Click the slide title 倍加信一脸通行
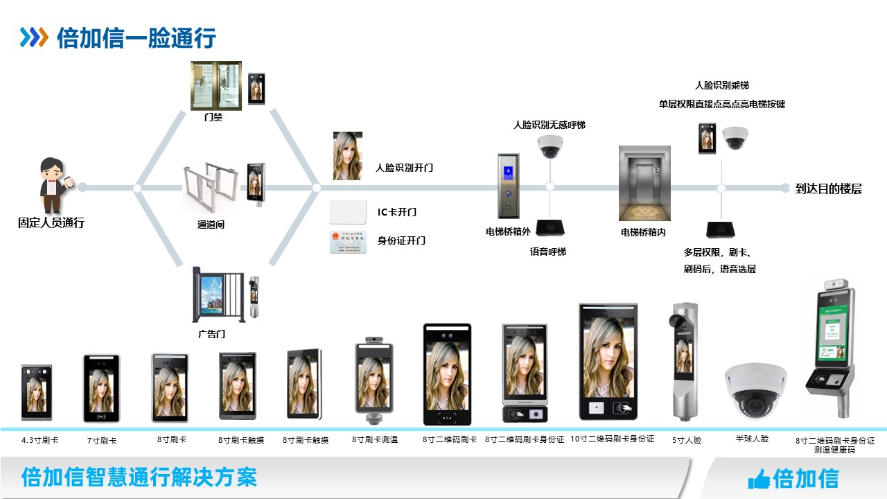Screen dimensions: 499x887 pyautogui.click(x=137, y=37)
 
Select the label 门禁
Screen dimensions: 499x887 pyautogui.click(x=213, y=118)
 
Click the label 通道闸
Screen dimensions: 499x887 pyautogui.click(x=211, y=225)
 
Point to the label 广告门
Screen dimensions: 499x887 pyautogui.click(x=211, y=334)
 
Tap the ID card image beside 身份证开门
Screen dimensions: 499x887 pyautogui.click(x=348, y=240)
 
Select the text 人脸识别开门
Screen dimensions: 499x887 pyautogui.click(x=404, y=168)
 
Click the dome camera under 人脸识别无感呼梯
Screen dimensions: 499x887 pyautogui.click(x=550, y=146)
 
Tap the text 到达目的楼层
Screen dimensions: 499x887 pyautogui.click(x=828, y=189)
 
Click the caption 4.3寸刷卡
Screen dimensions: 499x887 pyautogui.click(x=40, y=440)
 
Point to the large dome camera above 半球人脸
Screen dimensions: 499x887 pyautogui.click(x=755, y=390)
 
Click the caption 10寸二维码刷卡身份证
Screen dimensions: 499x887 pyautogui.click(x=612, y=439)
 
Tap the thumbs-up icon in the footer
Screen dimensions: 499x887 pyautogui.click(x=759, y=478)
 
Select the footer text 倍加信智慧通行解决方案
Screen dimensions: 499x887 pyautogui.click(x=139, y=477)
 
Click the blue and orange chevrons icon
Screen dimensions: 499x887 pyautogui.click(x=33, y=37)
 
